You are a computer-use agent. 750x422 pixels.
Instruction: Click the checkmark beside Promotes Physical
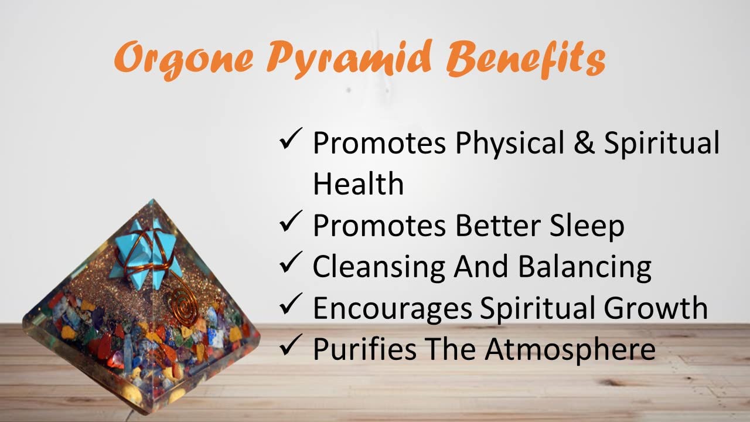[x=291, y=138]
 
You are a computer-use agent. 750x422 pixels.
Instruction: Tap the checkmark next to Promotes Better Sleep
[x=291, y=221]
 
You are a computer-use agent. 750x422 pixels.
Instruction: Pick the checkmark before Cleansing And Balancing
[x=291, y=262]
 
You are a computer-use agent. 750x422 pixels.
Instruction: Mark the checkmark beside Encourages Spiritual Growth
[x=291, y=304]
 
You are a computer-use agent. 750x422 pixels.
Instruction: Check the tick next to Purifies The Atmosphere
[x=291, y=345]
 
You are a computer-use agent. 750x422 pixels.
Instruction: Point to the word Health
[x=358, y=183]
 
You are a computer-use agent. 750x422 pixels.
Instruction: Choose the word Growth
[x=656, y=308]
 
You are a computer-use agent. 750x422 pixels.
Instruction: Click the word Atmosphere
[x=570, y=350]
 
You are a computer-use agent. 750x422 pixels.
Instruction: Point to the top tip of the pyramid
[x=153, y=199]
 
